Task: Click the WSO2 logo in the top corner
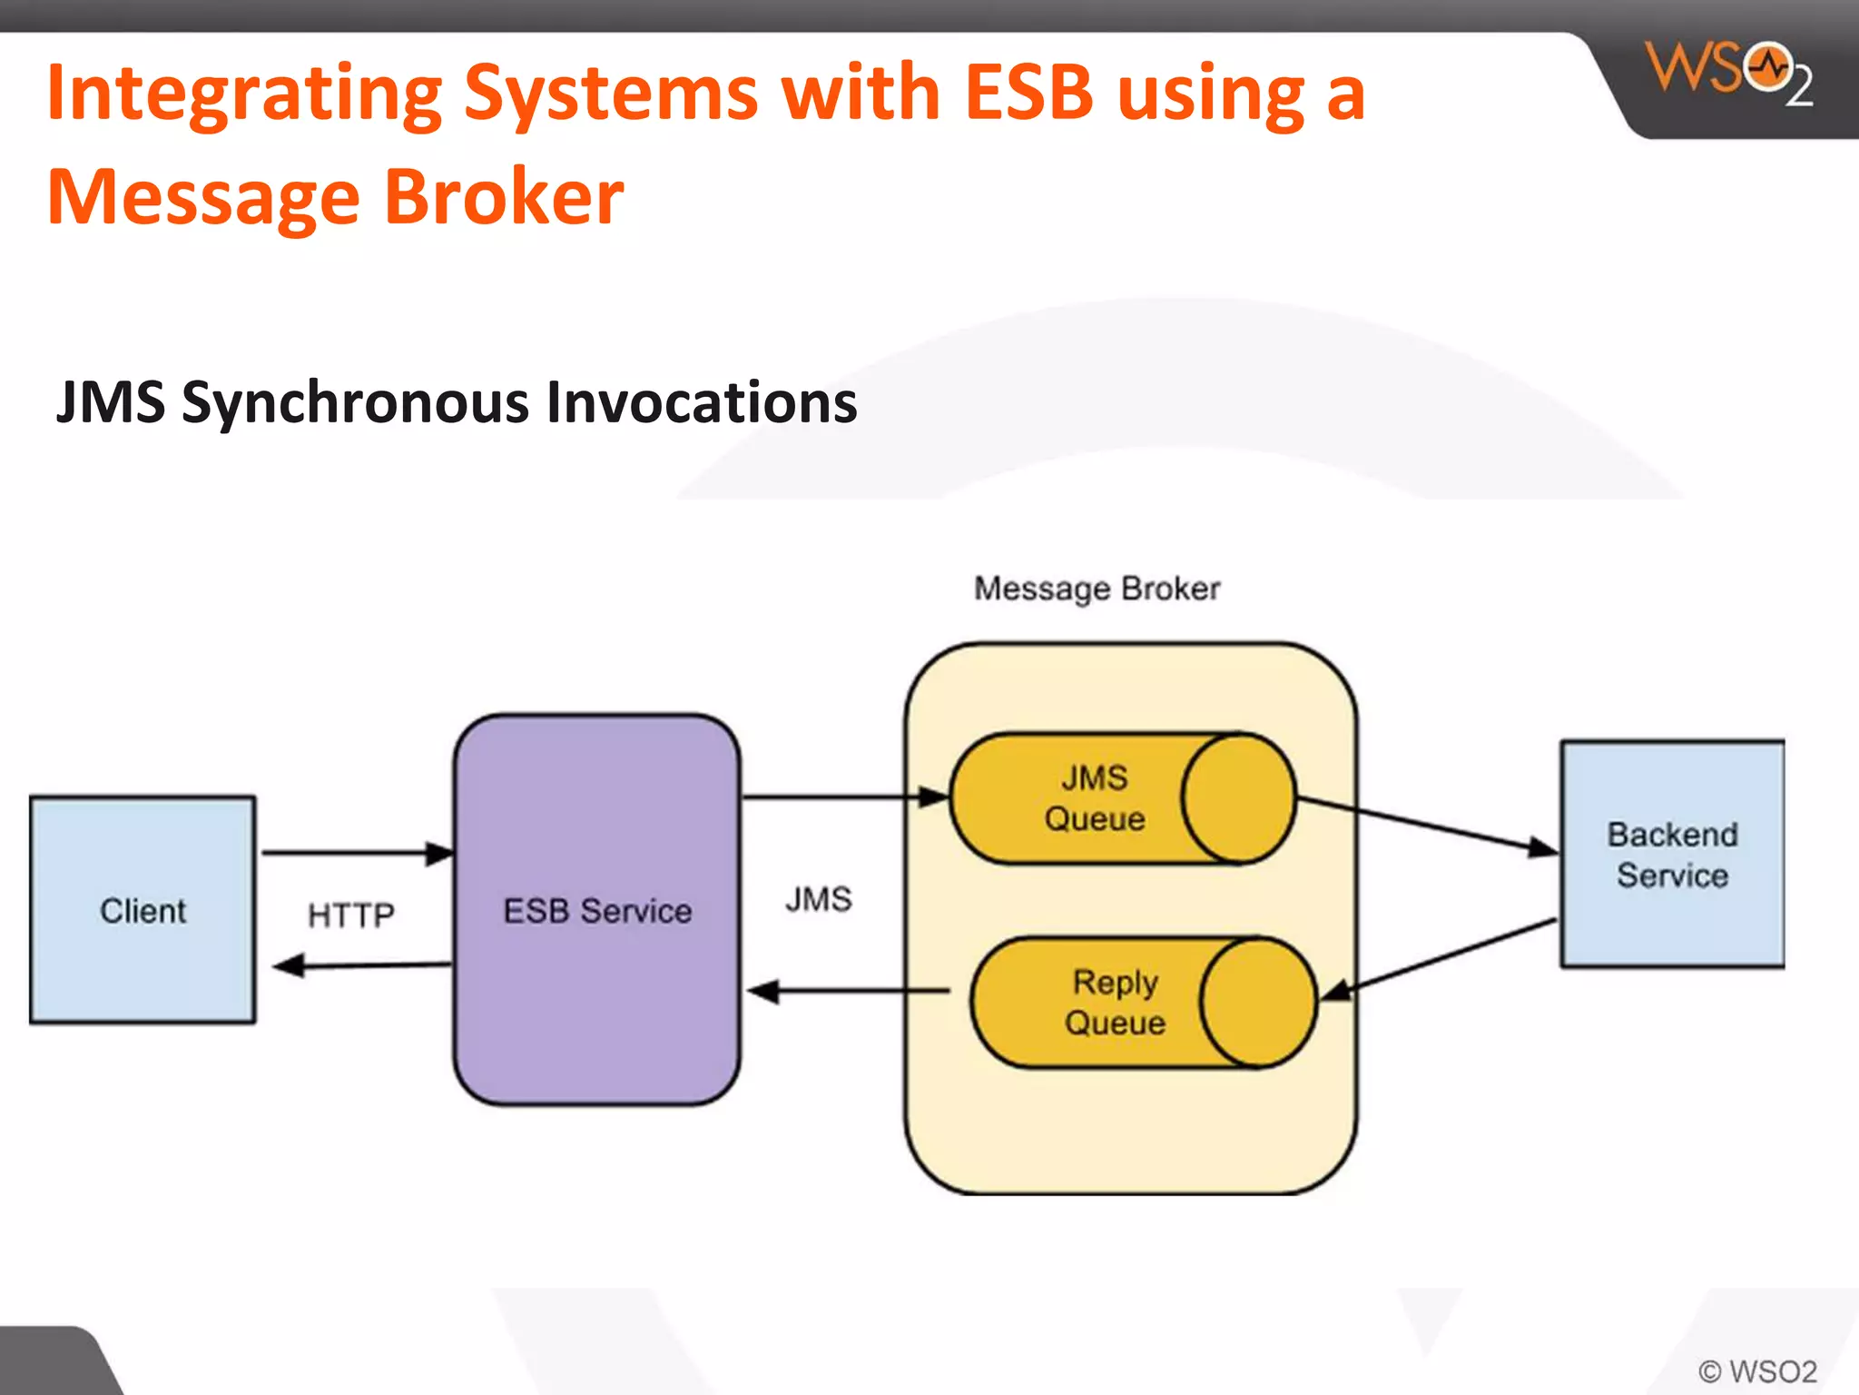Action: click(x=1729, y=73)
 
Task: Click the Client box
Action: click(x=143, y=910)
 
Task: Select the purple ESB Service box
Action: click(x=596, y=910)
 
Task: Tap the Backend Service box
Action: click(x=1672, y=855)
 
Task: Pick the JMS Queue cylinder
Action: click(x=1122, y=798)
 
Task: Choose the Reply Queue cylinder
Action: click(x=1142, y=1003)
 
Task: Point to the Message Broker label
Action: click(x=1097, y=589)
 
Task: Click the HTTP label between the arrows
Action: click(x=350, y=915)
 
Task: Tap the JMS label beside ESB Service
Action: click(x=818, y=899)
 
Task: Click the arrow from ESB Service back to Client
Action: click(x=363, y=965)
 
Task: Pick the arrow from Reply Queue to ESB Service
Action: click(x=849, y=991)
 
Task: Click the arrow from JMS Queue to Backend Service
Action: click(x=1425, y=825)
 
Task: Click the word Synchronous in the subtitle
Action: click(x=355, y=402)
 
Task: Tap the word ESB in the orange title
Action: click(x=1028, y=93)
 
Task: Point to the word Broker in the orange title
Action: click(x=504, y=197)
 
